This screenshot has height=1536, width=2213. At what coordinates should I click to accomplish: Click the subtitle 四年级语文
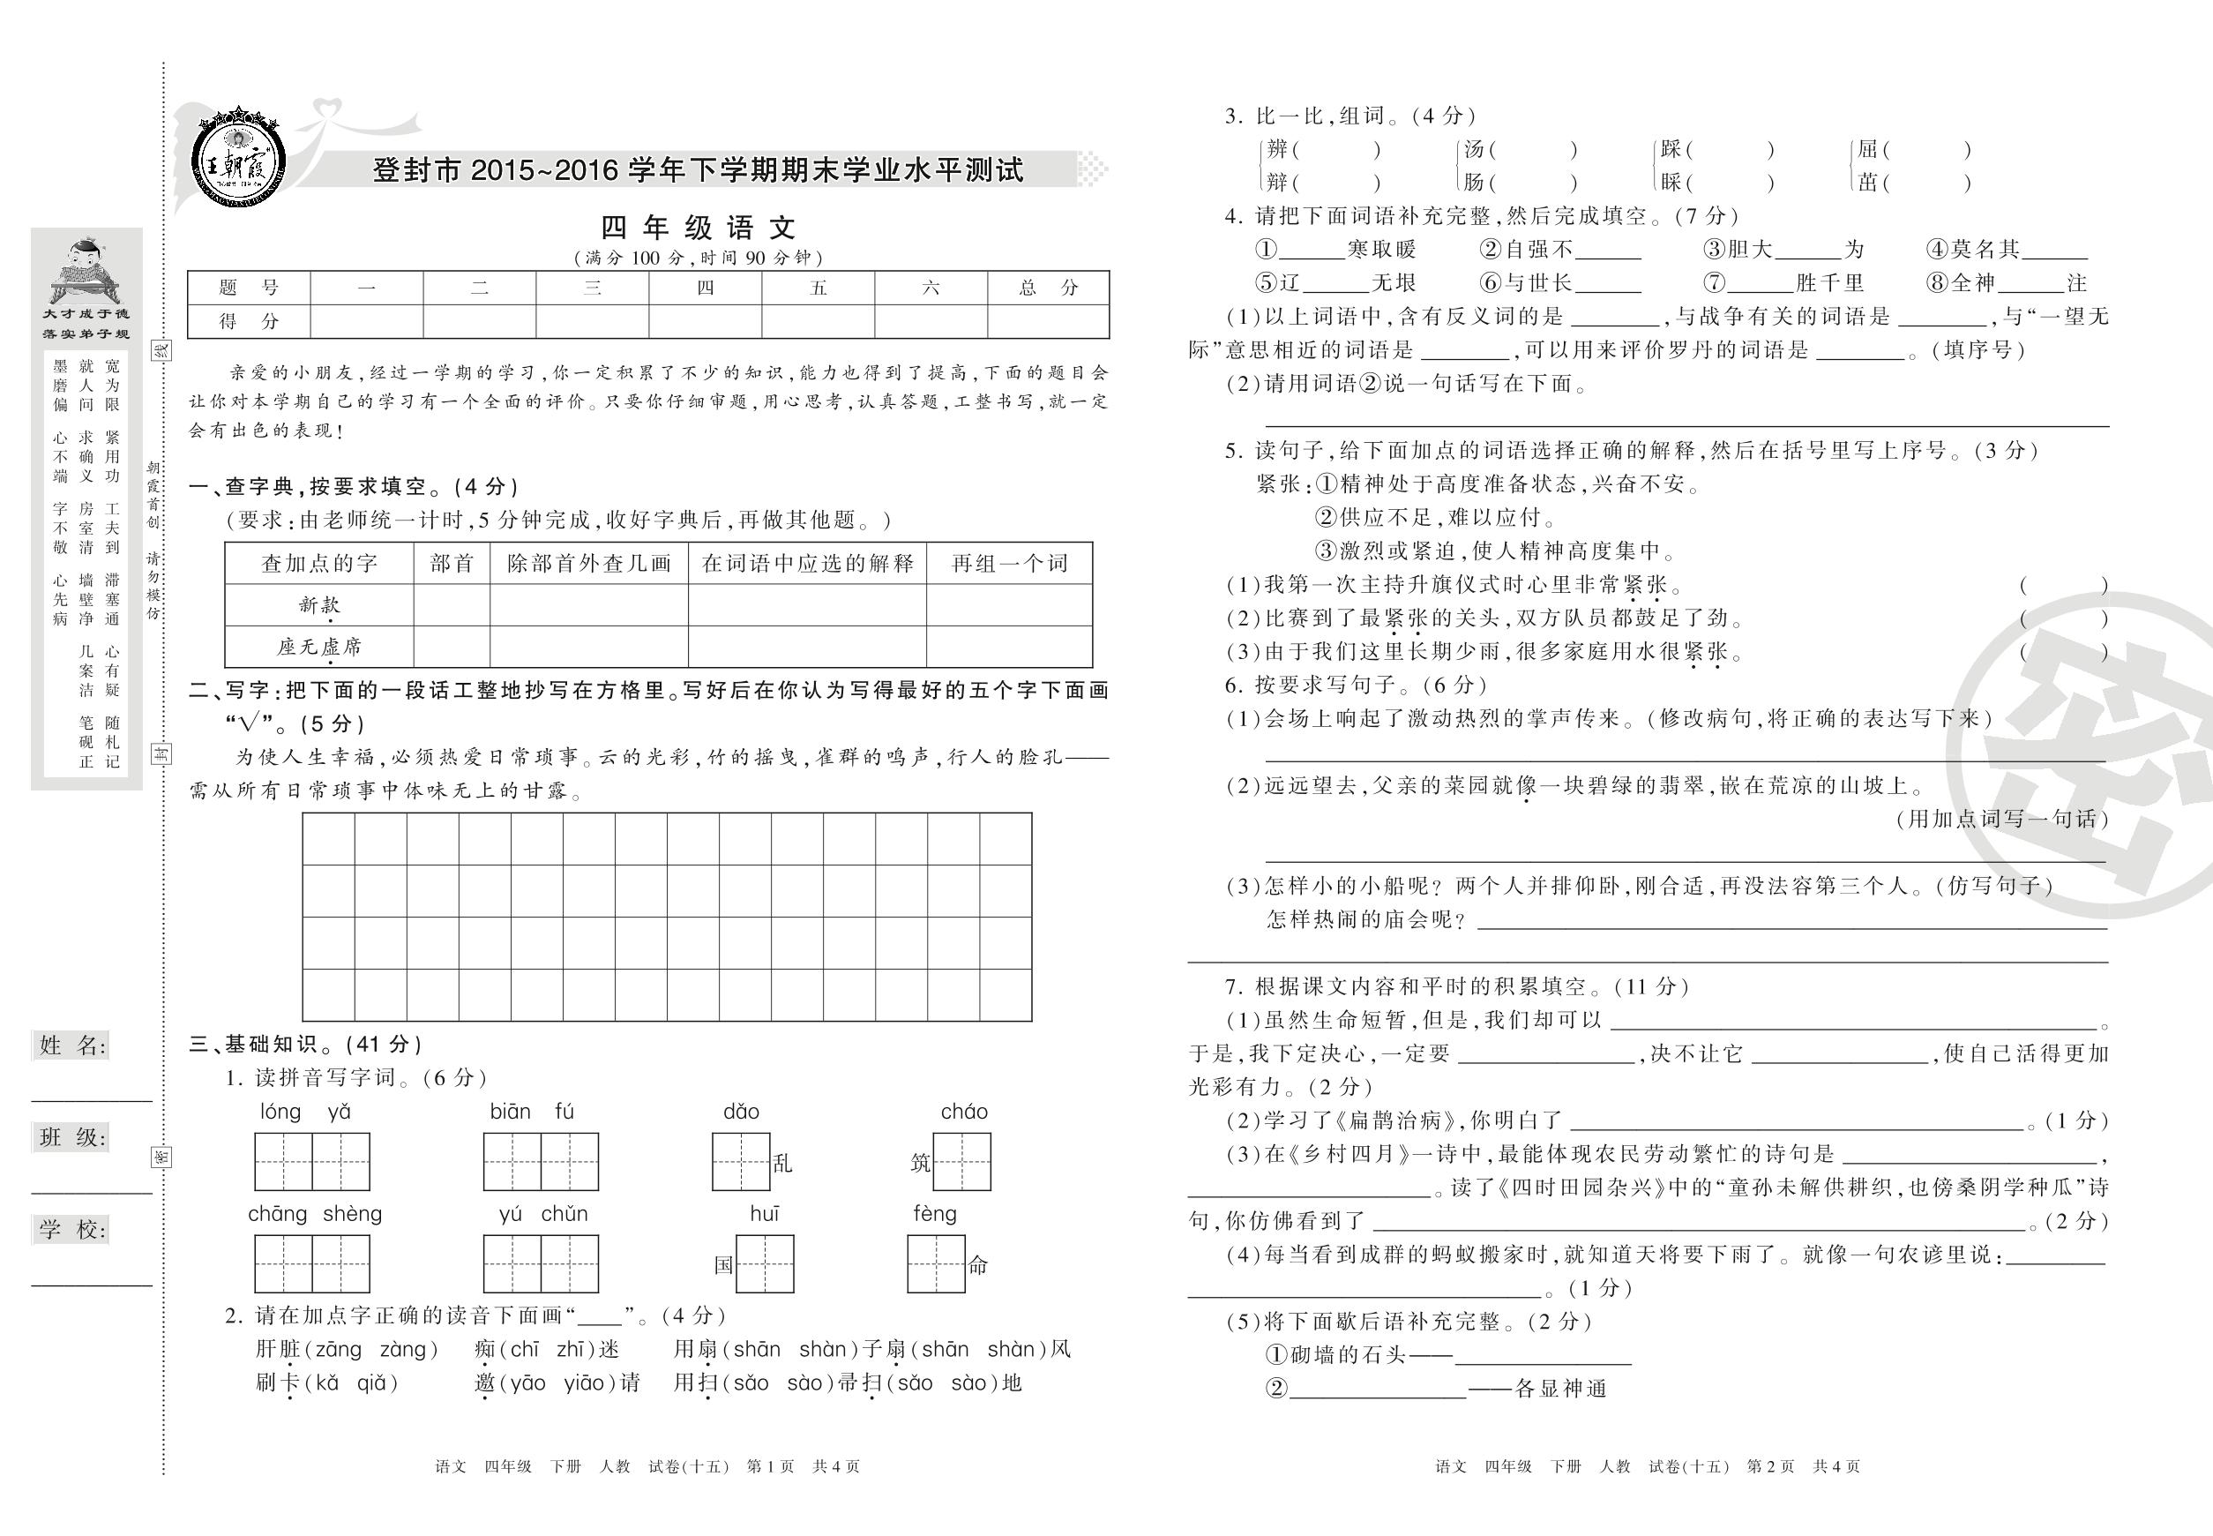point(698,229)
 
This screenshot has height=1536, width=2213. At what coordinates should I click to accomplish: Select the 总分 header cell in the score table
point(1048,287)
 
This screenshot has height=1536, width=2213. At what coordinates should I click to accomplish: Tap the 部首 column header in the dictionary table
point(452,563)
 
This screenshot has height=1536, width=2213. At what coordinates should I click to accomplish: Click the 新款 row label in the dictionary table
point(318,604)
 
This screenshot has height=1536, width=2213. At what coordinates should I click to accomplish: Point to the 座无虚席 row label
point(318,647)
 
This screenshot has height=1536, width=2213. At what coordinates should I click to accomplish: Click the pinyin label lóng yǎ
point(305,1113)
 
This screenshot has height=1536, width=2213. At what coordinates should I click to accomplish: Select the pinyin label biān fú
point(531,1113)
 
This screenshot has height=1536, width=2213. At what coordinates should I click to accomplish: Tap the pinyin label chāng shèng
point(315,1215)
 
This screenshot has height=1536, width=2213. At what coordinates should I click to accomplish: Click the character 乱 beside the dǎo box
point(782,1164)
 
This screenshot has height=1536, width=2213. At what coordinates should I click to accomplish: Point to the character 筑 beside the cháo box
point(921,1164)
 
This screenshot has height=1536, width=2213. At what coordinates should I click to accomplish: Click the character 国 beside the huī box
point(723,1265)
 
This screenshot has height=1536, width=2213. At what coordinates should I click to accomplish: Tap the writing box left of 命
point(935,1263)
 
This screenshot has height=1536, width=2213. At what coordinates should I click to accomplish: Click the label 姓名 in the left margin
point(72,1046)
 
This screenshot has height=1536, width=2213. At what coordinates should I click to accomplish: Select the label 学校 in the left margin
point(72,1229)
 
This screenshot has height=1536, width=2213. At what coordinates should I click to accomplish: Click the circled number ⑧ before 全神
point(1937,283)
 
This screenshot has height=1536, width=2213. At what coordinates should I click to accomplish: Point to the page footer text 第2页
point(1770,1466)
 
